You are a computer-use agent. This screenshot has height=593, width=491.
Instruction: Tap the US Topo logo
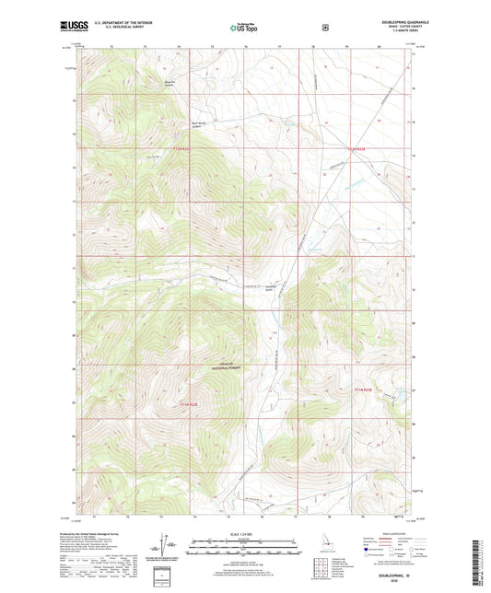tap(244, 28)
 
